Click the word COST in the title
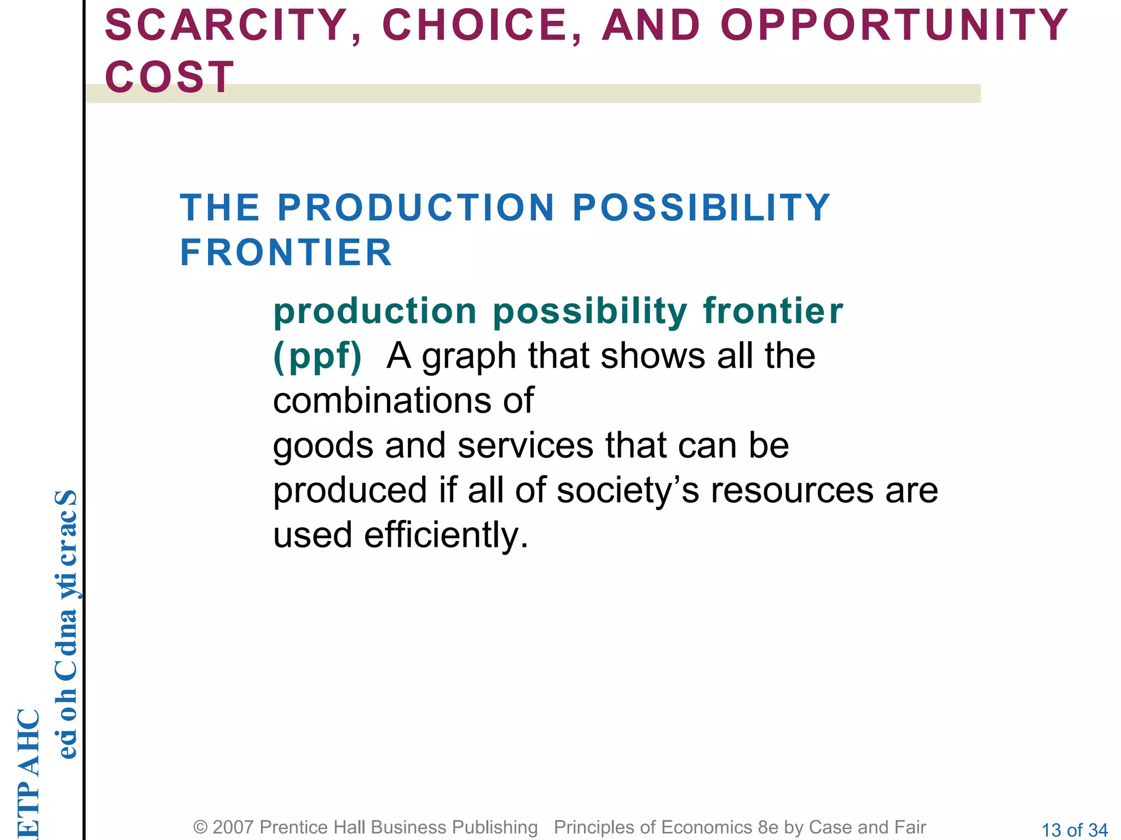tap(170, 77)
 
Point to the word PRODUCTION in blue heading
tap(416, 208)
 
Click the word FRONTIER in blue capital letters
tap(286, 253)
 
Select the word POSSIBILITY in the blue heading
tap(701, 208)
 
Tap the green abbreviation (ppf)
tap(317, 357)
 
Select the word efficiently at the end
tap(446, 535)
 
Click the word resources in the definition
tap(791, 490)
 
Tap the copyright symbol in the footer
tap(200, 827)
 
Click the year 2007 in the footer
tap(233, 827)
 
